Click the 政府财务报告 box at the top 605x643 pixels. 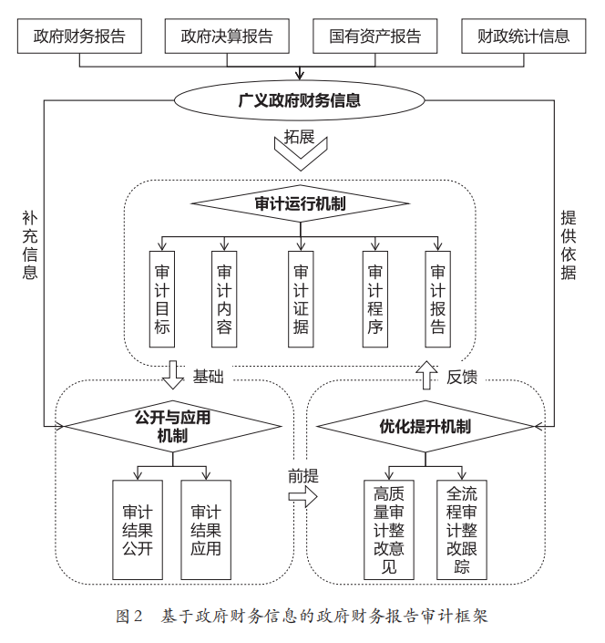pyautogui.click(x=79, y=36)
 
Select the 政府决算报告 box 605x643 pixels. pyautogui.click(x=227, y=36)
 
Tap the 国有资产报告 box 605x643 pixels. pyautogui.click(x=374, y=36)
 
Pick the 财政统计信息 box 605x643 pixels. pyautogui.click(x=523, y=36)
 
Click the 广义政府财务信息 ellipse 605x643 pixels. pyautogui.click(x=300, y=100)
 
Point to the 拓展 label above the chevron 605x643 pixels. pyautogui.click(x=299, y=137)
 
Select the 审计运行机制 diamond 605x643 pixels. pyautogui.click(x=300, y=203)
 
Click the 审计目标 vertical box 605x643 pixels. pyautogui.click(x=161, y=299)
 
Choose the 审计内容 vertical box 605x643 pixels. pyautogui.click(x=224, y=299)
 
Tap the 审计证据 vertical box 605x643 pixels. pyautogui.click(x=301, y=299)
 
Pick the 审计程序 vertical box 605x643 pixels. pyautogui.click(x=375, y=299)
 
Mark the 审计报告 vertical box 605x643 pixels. pyautogui.click(x=438, y=299)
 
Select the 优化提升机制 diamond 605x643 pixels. pyautogui.click(x=425, y=426)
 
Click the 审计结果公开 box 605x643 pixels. pyautogui.click(x=138, y=530)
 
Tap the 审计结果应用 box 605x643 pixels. pyautogui.click(x=206, y=530)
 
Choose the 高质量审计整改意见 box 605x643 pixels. pyautogui.click(x=389, y=530)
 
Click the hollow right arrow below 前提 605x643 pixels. pyautogui.click(x=302, y=496)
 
